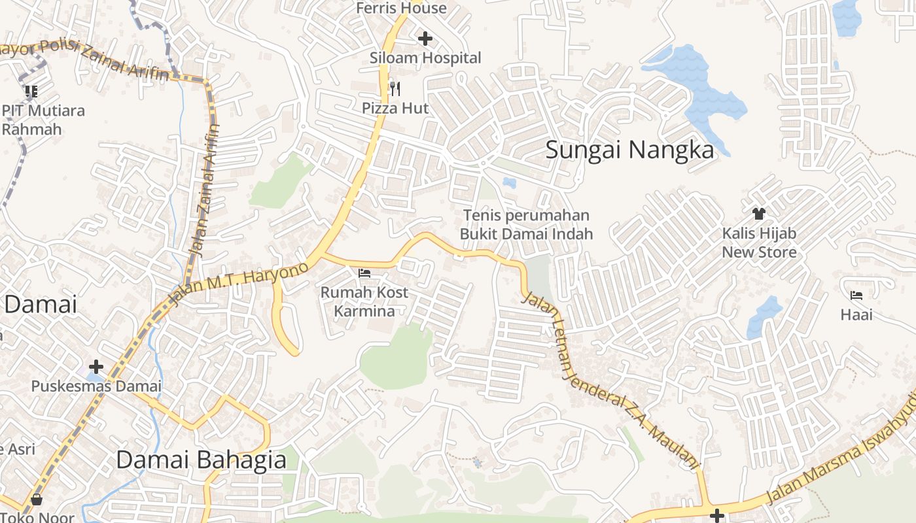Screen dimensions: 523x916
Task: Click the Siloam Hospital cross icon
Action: (425, 39)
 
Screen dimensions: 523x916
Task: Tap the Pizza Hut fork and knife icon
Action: (395, 88)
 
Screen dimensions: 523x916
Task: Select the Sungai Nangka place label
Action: (629, 150)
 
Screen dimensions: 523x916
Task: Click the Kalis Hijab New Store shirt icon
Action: (759, 213)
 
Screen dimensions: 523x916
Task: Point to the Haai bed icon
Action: (856, 295)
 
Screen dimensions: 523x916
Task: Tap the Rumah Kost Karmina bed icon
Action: (364, 273)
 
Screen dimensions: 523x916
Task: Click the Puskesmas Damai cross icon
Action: (96, 366)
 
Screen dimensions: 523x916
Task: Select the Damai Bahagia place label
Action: (201, 460)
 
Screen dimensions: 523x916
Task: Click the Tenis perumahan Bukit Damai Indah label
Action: (526, 224)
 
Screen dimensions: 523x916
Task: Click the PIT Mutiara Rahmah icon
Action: (31, 91)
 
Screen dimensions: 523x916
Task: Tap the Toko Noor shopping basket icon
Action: (37, 500)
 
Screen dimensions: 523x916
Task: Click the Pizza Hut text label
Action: (395, 108)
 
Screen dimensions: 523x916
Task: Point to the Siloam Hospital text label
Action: (425, 58)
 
